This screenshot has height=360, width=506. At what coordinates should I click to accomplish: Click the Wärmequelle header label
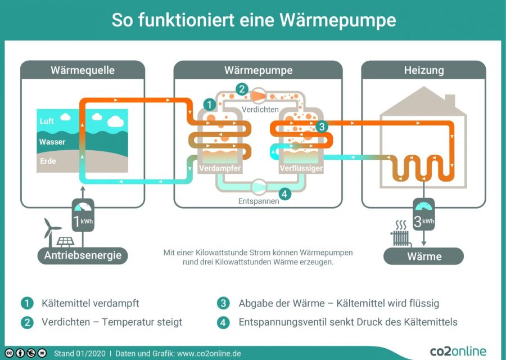83,70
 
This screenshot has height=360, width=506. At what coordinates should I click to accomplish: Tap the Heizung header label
423,70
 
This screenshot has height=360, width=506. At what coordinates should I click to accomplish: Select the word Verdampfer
220,168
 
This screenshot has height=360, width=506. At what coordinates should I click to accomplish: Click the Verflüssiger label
301,168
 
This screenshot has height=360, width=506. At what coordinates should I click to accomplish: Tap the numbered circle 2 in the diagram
242,89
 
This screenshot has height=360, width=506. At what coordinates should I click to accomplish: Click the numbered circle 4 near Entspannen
285,194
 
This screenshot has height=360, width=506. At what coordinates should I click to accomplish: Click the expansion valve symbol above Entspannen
260,185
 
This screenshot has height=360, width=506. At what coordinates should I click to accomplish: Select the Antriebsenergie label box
83,256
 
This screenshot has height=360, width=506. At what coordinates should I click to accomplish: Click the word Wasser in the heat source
52,142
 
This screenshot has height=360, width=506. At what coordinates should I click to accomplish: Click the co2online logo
458,351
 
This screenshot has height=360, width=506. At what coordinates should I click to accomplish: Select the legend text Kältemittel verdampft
90,303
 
